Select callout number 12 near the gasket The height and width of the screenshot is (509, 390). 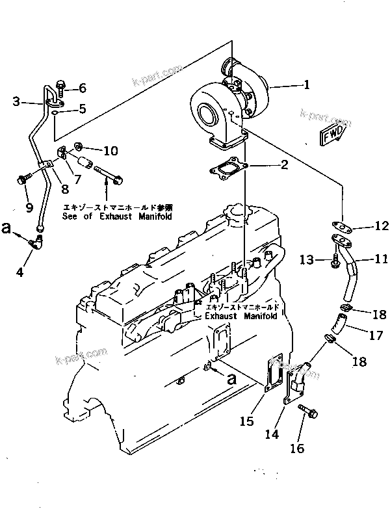pos(382,226)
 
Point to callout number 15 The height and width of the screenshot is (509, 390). pos(246,421)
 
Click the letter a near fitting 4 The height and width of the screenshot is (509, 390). pos(7,228)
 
